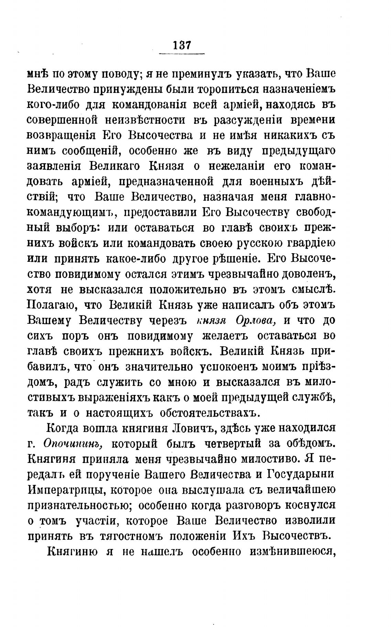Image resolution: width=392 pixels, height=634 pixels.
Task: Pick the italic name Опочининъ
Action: [x=74, y=444]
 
